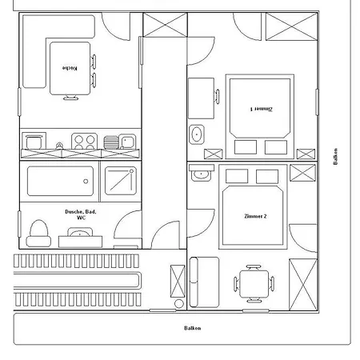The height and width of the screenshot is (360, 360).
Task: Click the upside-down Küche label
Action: [70, 68]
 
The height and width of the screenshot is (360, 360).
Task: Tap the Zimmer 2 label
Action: [255, 216]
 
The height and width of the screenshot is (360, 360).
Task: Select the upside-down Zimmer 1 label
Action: [262, 109]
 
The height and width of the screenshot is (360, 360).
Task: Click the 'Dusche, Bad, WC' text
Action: [81, 214]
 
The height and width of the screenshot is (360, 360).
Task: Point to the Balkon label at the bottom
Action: [193, 328]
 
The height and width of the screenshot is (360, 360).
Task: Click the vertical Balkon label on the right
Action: [335, 157]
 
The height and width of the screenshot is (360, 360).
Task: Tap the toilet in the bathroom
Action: [38, 234]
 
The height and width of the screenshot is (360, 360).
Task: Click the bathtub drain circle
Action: [86, 182]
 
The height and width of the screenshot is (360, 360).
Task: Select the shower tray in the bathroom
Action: [121, 181]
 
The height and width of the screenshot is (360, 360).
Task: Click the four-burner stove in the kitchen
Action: [84, 141]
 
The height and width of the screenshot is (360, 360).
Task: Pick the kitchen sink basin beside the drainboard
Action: [127, 142]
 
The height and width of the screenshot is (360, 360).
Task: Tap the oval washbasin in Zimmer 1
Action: [197, 134]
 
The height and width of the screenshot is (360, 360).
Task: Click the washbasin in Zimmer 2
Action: [202, 174]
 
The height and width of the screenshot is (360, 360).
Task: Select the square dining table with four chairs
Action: [254, 284]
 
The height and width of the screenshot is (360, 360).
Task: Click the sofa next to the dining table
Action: [204, 282]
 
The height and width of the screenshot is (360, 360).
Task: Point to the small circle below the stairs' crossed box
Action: [179, 303]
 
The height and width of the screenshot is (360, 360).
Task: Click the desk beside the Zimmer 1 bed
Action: [201, 98]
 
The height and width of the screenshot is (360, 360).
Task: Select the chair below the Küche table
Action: [70, 98]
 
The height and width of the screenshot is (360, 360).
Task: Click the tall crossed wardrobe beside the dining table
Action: [303, 285]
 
